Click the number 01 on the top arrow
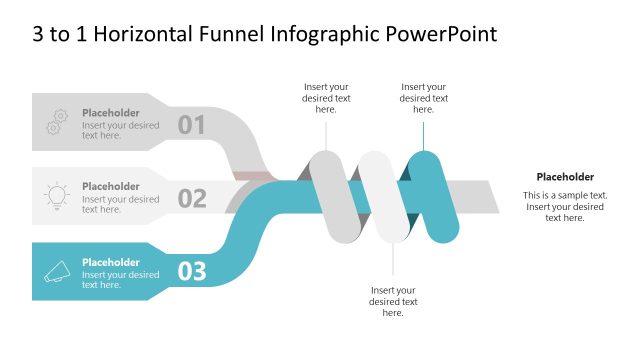click(x=191, y=124)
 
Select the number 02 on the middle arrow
click(x=191, y=198)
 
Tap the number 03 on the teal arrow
click(x=191, y=271)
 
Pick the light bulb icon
click(x=56, y=196)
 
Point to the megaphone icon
click(x=56, y=270)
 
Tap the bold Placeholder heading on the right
click(x=565, y=176)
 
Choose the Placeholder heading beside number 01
click(x=110, y=113)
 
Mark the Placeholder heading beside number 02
click(x=110, y=186)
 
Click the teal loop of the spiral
click(x=435, y=195)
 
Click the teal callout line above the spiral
click(x=424, y=132)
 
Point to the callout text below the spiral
click(x=393, y=301)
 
